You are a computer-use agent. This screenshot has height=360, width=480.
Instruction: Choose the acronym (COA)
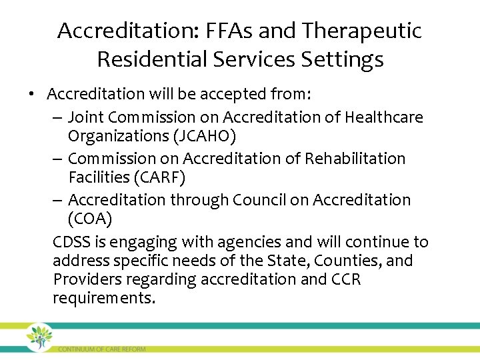coord(91,219)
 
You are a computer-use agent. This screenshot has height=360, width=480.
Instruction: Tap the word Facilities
coord(99,177)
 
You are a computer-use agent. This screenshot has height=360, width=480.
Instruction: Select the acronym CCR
coord(345,279)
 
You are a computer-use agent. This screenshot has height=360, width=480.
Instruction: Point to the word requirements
coord(103,297)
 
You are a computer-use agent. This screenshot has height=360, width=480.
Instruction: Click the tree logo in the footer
coord(39,337)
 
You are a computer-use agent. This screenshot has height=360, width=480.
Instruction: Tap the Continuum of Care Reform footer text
coord(101,349)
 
